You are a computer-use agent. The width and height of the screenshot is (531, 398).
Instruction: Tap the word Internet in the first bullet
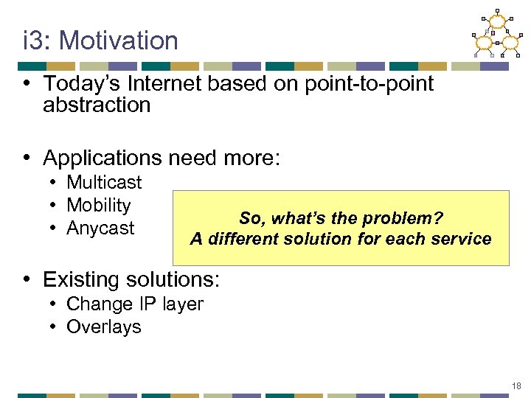tap(162, 84)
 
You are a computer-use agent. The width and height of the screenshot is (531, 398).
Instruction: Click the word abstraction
tap(97, 105)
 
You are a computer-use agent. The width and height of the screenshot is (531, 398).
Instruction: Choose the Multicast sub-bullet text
tap(104, 182)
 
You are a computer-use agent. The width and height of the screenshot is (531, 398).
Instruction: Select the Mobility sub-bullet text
tap(98, 206)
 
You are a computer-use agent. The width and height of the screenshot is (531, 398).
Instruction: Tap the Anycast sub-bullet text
tap(100, 228)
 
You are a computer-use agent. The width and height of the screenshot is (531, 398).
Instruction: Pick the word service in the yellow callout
tap(462, 239)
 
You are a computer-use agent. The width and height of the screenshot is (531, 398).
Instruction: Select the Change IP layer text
tap(135, 304)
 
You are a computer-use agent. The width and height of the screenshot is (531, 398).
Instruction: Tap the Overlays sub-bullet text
tap(103, 327)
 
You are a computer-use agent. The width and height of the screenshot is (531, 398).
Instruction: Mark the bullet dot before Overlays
tap(55, 327)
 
